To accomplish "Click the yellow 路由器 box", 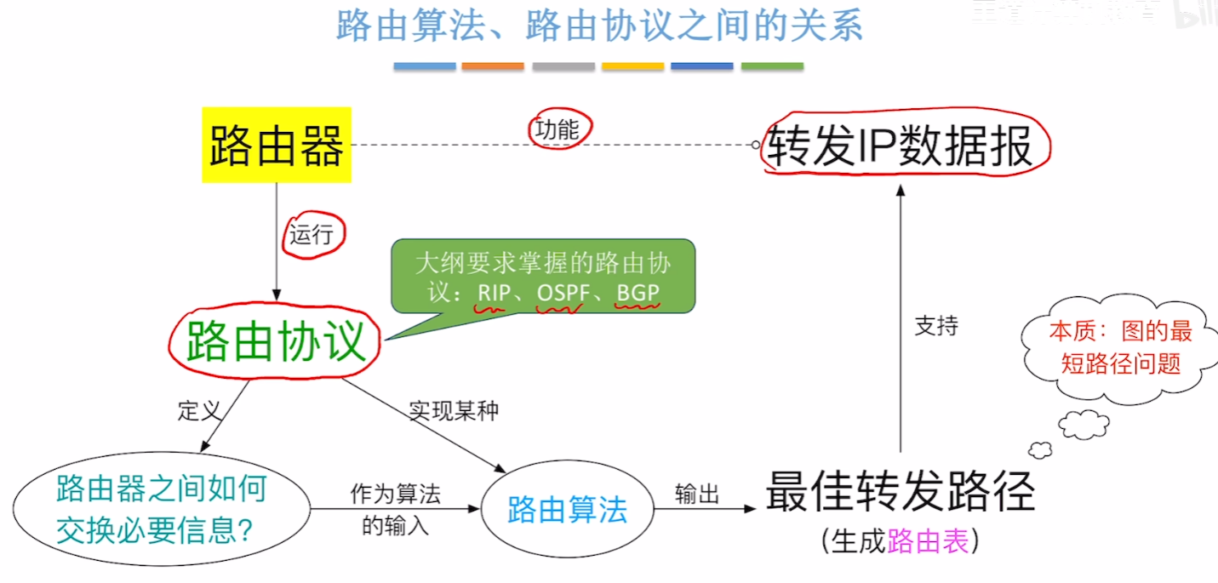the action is tap(277, 145).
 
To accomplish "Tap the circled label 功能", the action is tap(557, 129).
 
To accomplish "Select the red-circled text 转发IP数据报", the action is tap(900, 146).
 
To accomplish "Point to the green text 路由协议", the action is tap(276, 341).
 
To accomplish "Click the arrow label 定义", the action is tap(200, 411).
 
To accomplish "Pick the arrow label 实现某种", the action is tap(454, 411).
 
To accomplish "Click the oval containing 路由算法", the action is tap(567, 510).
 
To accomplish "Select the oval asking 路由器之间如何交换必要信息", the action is tap(162, 510).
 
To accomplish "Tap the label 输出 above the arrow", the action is tap(697, 494).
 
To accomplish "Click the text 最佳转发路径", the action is tap(900, 492).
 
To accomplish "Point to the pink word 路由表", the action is tap(928, 541).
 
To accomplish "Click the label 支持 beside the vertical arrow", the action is tap(936, 325).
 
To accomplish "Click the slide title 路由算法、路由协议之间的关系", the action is tap(599, 26).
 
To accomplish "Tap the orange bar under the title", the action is tap(493, 66).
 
